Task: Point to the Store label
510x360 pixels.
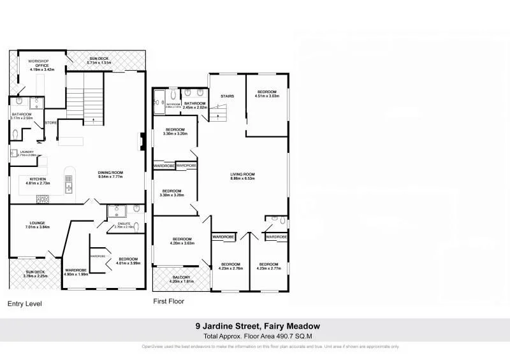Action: pos(51,122)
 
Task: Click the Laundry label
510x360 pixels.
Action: pos(25,154)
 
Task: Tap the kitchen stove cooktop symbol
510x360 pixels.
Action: pos(43,198)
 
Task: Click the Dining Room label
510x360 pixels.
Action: pos(110,175)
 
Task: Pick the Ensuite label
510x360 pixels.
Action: pos(125,225)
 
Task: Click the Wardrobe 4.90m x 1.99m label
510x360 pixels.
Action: pos(75,273)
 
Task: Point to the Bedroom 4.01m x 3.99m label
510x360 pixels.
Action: pos(128,261)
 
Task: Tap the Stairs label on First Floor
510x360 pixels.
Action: pos(227,97)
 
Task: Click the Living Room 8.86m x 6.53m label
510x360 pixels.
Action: pos(242,176)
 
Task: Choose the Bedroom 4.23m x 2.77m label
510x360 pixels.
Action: pos(268,266)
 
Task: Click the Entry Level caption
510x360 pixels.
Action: pos(24,304)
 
